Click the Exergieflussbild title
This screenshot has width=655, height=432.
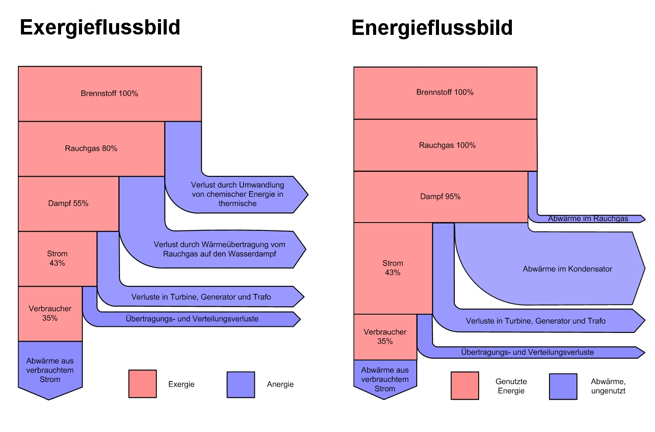click(x=100, y=27)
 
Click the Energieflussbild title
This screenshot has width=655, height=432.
click(x=432, y=28)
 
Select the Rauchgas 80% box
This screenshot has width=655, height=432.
click(x=91, y=148)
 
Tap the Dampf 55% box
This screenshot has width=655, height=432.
click(x=69, y=203)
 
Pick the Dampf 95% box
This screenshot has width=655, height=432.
click(x=440, y=197)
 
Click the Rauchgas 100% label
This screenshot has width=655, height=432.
click(x=447, y=145)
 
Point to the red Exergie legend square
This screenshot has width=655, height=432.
click(x=142, y=384)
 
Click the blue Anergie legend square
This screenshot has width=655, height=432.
click(x=240, y=384)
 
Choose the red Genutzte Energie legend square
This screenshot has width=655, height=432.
click(x=465, y=386)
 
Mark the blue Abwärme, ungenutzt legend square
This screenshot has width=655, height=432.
click(x=563, y=386)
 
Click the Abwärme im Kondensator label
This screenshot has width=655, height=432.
click(x=567, y=269)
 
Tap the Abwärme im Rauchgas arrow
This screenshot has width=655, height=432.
click(x=588, y=219)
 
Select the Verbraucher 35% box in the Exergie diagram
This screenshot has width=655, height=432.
click(x=50, y=313)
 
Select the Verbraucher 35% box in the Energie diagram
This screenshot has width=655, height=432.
click(x=385, y=336)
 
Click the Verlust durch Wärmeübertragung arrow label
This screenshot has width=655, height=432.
click(x=219, y=249)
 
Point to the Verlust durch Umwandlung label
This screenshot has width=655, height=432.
click(x=237, y=194)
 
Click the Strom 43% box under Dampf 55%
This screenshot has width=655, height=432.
click(x=57, y=258)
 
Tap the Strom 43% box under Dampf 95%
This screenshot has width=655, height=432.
click(x=393, y=268)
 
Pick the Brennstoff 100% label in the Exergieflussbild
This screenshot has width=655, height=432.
click(x=110, y=93)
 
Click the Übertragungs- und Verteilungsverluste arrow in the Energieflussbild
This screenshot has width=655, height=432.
click(x=527, y=352)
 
